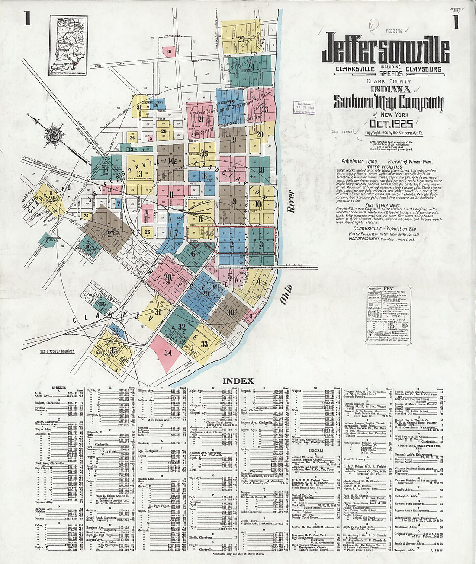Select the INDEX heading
click(x=238, y=381)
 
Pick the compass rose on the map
click(x=55, y=135)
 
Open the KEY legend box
click(x=388, y=309)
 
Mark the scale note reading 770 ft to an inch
click(x=57, y=351)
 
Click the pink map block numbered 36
click(x=168, y=51)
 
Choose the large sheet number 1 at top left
click(x=27, y=20)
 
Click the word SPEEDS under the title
click(x=391, y=74)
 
